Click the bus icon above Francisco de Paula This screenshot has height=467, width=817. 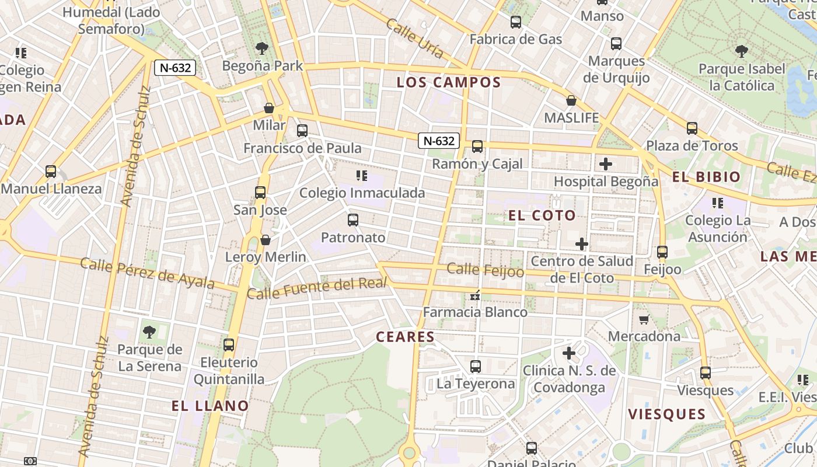click(x=302, y=131)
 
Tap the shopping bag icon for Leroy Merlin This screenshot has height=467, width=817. click(x=266, y=240)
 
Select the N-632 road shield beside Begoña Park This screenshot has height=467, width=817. click(x=174, y=68)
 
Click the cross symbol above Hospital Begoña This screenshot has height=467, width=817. click(x=606, y=164)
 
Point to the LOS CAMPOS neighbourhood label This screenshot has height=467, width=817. click(x=449, y=82)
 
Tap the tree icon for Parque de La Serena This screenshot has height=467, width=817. click(x=149, y=332)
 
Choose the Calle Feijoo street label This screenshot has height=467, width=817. click(x=485, y=270)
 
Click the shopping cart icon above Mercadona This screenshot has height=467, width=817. click(x=644, y=319)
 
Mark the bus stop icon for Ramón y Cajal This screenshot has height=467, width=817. click(x=477, y=147)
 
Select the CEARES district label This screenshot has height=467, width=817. click(x=406, y=337)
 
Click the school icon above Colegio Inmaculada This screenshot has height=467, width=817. click(x=362, y=175)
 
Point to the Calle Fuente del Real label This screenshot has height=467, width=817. click(x=317, y=288)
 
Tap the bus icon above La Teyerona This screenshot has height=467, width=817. click(x=476, y=367)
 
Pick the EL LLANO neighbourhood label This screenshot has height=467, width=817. click(x=210, y=406)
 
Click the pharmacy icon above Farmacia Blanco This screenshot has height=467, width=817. click(x=475, y=295)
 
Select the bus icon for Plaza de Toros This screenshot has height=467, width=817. click(x=692, y=128)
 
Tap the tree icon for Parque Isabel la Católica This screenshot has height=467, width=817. click(x=741, y=51)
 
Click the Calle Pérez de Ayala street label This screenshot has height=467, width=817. click(x=147, y=273)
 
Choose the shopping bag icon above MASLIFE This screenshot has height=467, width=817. click(x=571, y=100)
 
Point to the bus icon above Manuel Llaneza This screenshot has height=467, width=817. click(x=51, y=172)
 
